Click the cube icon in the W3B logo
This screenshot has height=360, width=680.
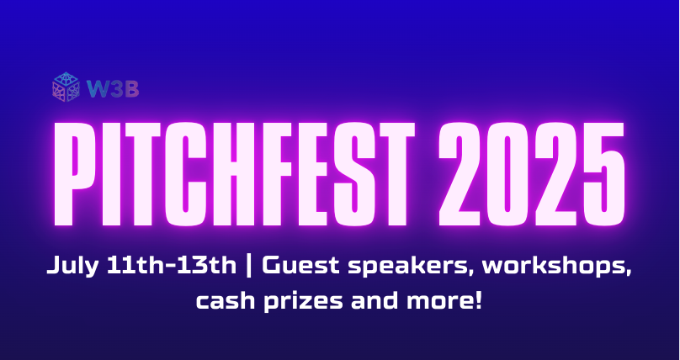click(x=66, y=87)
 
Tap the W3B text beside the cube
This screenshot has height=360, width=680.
click(x=102, y=87)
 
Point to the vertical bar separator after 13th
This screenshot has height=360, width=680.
click(x=250, y=267)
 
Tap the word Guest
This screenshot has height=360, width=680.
click(x=293, y=267)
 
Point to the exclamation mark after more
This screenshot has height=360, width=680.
click(x=479, y=299)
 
